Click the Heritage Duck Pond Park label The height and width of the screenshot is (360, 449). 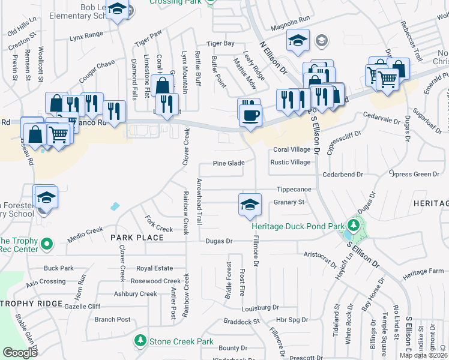click(298, 226)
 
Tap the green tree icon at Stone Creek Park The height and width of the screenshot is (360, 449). click(140, 341)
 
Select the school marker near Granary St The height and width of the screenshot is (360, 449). click(250, 204)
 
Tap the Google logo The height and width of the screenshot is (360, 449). click(20, 353)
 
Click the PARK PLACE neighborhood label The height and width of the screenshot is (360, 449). click(137, 238)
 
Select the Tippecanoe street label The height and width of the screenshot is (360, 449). click(294, 188)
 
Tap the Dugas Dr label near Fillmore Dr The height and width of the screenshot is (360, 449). click(218, 241)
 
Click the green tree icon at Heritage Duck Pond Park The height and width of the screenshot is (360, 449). click(355, 226)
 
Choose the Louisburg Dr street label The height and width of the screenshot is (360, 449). click(261, 308)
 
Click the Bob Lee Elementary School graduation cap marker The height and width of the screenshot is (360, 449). click(118, 10)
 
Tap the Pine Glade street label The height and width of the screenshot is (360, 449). click(229, 163)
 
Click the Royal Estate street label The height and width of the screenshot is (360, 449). click(155, 268)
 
